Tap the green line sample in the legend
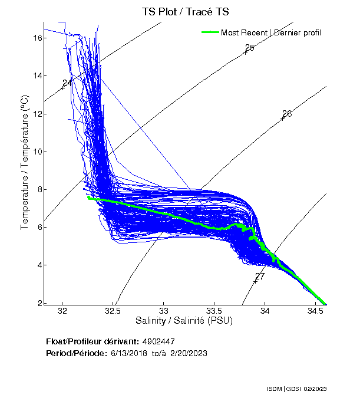click(210, 32)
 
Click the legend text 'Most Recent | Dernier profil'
click(271, 32)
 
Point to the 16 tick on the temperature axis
click(35, 38)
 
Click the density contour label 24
click(67, 83)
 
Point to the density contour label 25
click(249, 48)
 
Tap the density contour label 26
click(287, 114)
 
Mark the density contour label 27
click(260, 277)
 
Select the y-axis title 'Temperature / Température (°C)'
click(25, 162)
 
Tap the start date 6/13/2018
click(130, 353)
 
